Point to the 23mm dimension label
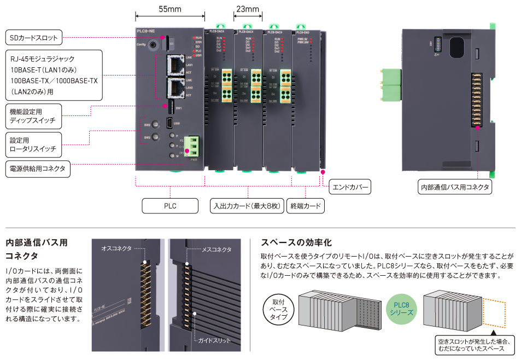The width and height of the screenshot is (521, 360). pos(247,9)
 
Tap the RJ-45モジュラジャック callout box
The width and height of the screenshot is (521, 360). pos(54,75)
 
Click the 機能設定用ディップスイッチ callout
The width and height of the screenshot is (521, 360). pos(33,116)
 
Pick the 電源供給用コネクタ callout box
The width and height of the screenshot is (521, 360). pos(38,169)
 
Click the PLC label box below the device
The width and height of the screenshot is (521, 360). pos(170,206)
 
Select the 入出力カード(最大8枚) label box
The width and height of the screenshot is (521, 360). pos(245,206)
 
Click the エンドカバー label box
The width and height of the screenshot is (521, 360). pos(350,187)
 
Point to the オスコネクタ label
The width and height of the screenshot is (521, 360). pos(116,248)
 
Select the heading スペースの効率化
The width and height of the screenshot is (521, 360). pos(296,242)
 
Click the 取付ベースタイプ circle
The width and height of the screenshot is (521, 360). pos(279,309)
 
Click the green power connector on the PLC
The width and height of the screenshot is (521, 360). pos(192,147)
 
